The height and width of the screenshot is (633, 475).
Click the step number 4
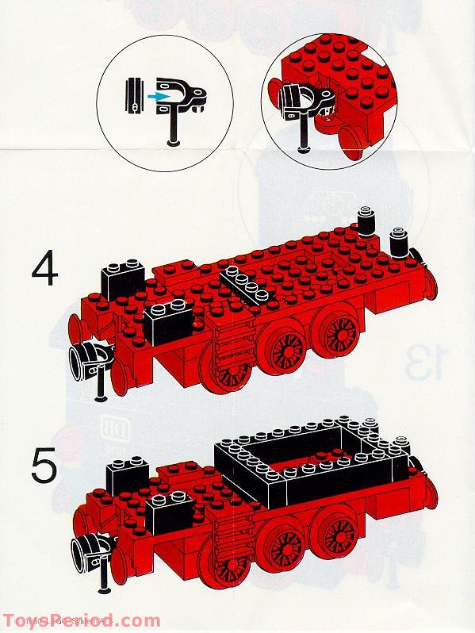click(45, 270)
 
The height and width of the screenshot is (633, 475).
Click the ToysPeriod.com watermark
click(79, 621)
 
